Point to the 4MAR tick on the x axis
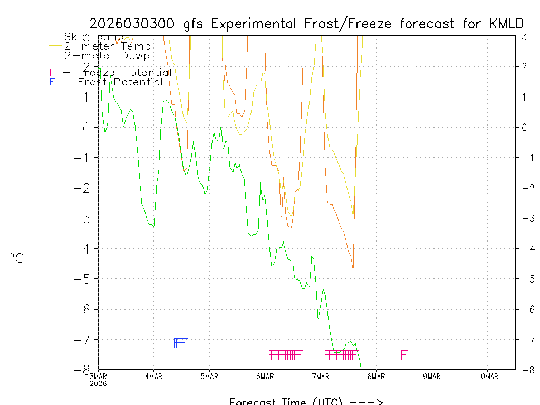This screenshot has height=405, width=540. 153,377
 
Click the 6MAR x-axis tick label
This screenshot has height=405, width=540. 265,377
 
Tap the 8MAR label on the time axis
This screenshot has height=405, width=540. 376,377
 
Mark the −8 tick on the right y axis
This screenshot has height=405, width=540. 524,370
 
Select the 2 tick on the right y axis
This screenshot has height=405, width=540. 524,66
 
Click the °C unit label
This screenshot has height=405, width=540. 17,258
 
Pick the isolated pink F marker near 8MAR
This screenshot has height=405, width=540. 404,354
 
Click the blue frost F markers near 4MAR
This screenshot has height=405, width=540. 179,343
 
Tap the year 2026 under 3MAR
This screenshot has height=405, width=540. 98,383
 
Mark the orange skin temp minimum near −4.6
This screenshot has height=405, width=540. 353,267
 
